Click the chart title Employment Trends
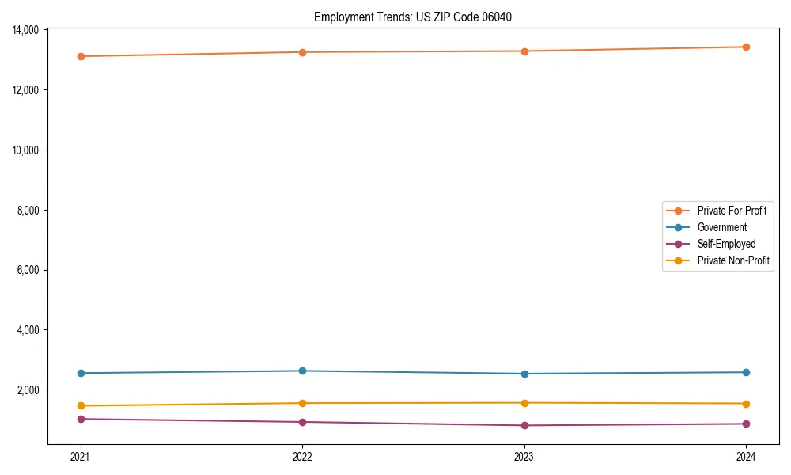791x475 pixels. coord(413,17)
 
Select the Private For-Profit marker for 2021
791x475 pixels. coord(81,56)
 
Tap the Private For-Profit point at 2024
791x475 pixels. coord(746,47)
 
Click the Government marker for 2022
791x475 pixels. coord(302,370)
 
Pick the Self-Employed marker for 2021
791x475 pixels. coord(81,419)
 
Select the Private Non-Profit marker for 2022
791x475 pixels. coord(302,403)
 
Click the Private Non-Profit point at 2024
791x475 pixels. coord(746,404)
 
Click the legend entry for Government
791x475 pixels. coord(721,227)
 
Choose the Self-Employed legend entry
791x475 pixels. coord(726,244)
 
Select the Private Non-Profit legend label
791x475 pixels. coord(733,260)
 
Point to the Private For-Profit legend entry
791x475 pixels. coord(732,211)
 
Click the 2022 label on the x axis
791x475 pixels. coord(302,456)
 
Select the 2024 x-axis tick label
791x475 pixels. coord(746,456)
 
